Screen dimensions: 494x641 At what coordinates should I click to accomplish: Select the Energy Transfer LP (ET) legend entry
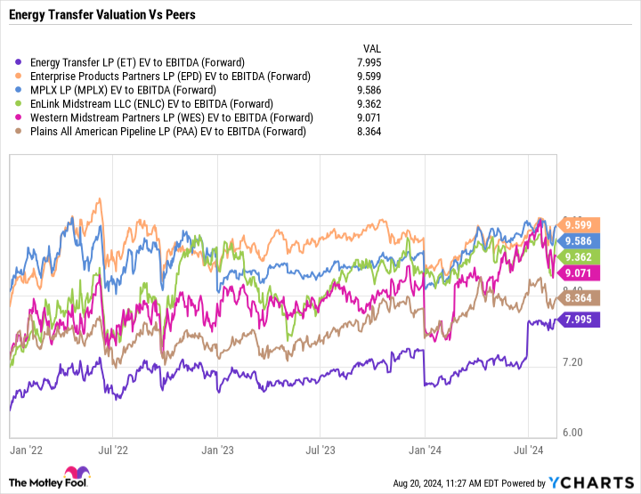pos(136,62)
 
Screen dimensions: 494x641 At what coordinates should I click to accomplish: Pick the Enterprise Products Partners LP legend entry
pos(170,77)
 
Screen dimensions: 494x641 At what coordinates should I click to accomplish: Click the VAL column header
pos(374,48)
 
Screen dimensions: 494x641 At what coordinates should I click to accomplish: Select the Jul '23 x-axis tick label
pos(320,450)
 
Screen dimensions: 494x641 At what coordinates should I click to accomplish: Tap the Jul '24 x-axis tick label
pos(530,450)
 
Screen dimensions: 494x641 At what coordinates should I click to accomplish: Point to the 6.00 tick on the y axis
pos(573,433)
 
